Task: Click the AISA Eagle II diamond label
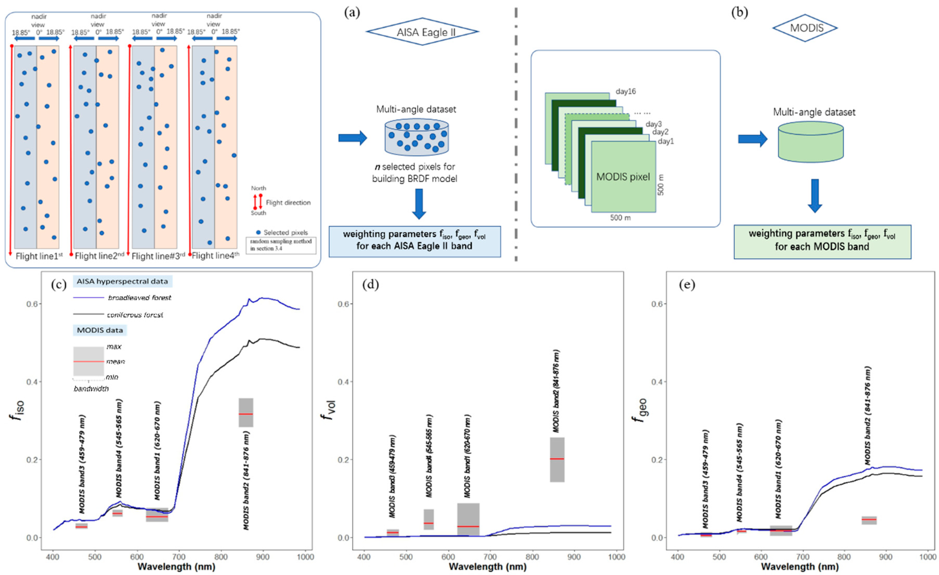click(x=422, y=32)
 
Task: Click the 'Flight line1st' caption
click(x=39, y=256)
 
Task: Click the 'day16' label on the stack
click(x=626, y=91)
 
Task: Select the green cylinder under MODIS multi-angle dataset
click(x=811, y=142)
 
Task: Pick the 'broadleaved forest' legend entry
click(x=139, y=297)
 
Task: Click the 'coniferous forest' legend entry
click(x=135, y=315)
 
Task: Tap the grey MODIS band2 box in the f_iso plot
click(x=246, y=412)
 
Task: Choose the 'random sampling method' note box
click(x=281, y=245)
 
